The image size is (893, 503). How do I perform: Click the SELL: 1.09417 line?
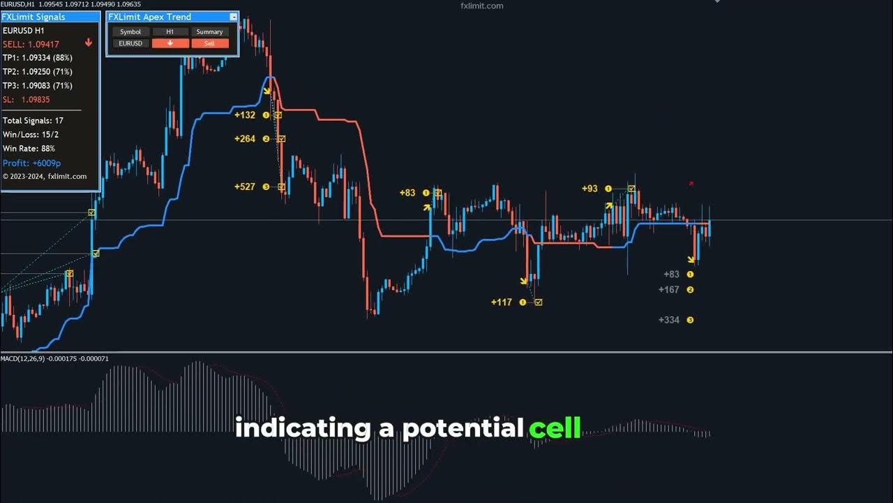[31, 44]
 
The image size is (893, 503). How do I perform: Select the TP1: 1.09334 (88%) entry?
[37, 58]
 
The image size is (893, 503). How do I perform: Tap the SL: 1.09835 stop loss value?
[26, 100]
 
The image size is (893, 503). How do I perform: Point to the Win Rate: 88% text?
[29, 149]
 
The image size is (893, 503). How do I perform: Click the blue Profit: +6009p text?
[31, 163]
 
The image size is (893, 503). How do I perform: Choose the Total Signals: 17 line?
[33, 121]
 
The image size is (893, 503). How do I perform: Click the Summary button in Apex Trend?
[209, 32]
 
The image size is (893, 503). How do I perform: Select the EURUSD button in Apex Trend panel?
[130, 43]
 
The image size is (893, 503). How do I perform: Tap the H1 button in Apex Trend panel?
[170, 32]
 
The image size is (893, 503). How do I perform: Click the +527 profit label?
[245, 187]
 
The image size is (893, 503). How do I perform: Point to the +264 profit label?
[245, 139]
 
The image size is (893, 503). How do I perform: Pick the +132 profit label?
[245, 115]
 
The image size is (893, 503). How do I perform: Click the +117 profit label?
[501, 302]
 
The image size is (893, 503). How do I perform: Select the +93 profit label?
[590, 189]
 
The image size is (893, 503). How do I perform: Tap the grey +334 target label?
[668, 320]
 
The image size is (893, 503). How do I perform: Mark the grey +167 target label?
[668, 290]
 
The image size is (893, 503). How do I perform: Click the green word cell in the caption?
[555, 428]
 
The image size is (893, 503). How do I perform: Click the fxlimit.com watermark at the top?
[482, 6]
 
